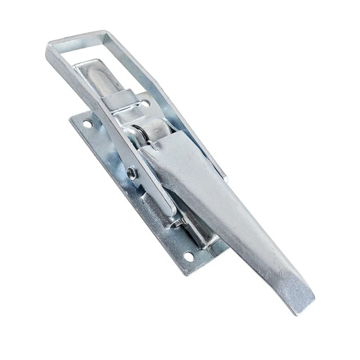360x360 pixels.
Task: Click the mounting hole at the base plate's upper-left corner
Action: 87,123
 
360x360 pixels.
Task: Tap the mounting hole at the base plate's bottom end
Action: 188,256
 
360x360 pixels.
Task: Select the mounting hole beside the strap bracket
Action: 145,103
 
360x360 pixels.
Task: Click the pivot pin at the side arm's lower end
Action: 178,223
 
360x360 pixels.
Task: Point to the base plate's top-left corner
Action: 71,117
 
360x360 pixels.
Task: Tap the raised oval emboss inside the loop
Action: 101,79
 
